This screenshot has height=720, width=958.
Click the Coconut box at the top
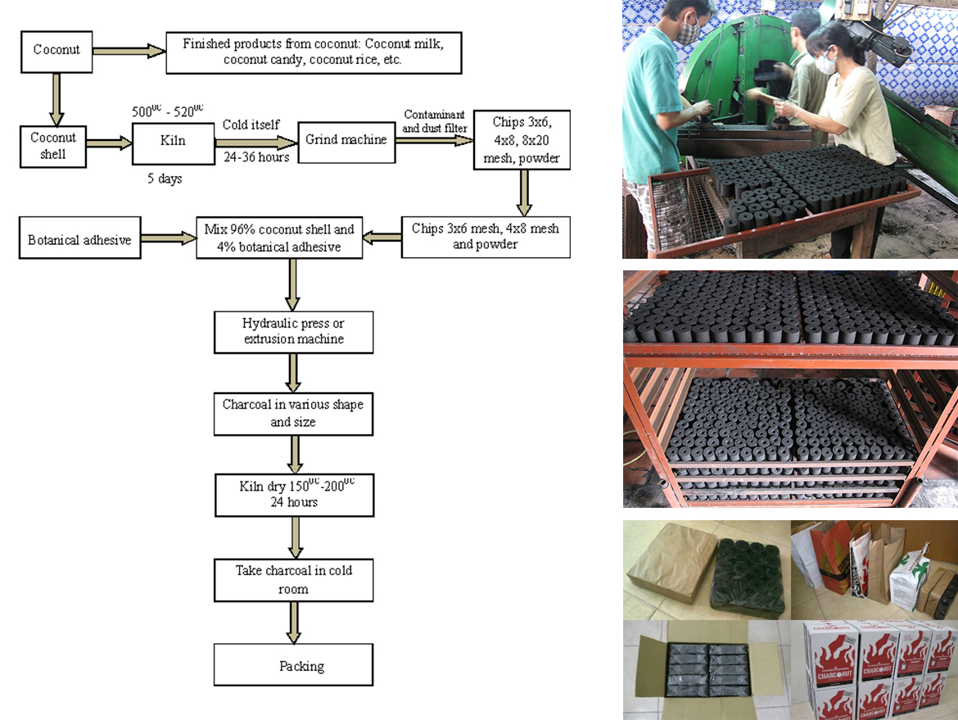pyautogui.click(x=56, y=50)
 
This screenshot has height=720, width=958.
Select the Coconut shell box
pyautogui.click(x=53, y=145)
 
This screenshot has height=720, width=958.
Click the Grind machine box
pyautogui.click(x=346, y=140)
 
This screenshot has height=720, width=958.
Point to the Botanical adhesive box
pyautogui.click(x=79, y=240)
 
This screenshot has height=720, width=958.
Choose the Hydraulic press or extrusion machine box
pyautogui.click(x=293, y=332)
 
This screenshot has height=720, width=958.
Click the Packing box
pyautogui.click(x=293, y=665)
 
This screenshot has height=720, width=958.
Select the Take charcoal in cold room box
pyautogui.click(x=293, y=579)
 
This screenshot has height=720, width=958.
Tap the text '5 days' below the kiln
pyautogui.click(x=165, y=179)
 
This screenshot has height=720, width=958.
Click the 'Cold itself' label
pyautogui.click(x=251, y=125)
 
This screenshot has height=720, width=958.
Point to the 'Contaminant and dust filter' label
pyautogui.click(x=434, y=121)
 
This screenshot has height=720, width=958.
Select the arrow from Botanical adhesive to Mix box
pyautogui.click(x=168, y=239)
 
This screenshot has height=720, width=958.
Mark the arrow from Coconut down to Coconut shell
pyautogui.click(x=56, y=97)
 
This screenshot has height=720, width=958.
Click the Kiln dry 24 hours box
pyautogui.click(x=293, y=494)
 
